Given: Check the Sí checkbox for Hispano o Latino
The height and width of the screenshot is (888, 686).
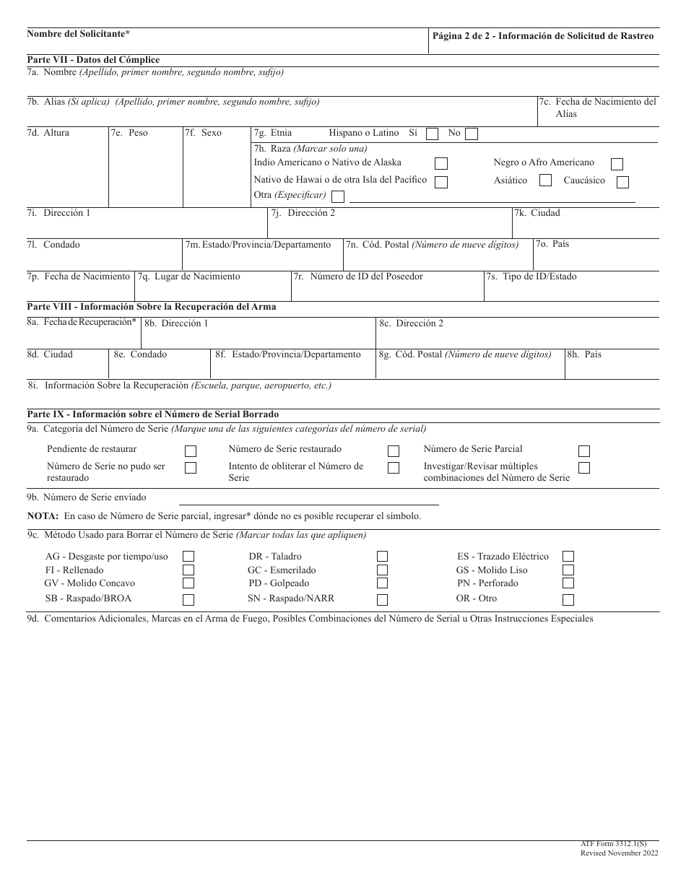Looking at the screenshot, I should coord(432,134).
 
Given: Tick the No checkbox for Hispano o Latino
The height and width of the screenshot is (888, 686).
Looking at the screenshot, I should coord(471,134).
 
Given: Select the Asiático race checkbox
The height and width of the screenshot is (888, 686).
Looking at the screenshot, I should coord(546,180).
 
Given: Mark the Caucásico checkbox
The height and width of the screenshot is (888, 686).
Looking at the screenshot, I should coord(622,182).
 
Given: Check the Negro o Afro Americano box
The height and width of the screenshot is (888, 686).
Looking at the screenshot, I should coord(617,164).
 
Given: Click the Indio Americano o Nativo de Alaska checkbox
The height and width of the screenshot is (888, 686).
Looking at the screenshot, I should coord(440,164).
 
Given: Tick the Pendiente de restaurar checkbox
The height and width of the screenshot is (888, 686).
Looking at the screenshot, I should coord(191,450).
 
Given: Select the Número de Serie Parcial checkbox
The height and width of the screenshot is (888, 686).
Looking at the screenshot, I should coord(584,450).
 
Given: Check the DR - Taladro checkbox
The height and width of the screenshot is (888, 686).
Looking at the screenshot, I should coord(383,557).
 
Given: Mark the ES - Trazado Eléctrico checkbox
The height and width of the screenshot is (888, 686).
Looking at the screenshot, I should coord(568,557).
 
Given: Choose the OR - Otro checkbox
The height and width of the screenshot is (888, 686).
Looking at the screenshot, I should coord(568,599).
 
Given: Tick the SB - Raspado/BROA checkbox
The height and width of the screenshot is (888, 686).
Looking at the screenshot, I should coord(188,599).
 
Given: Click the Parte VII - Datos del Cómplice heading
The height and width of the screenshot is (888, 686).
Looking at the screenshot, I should coord(93,60).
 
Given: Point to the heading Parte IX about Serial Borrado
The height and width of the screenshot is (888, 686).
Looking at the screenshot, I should coord(152,414).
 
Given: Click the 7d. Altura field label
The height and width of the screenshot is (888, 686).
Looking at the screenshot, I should coord(48,133).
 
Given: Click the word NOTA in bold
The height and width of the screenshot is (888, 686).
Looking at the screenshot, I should coord(43,516).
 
